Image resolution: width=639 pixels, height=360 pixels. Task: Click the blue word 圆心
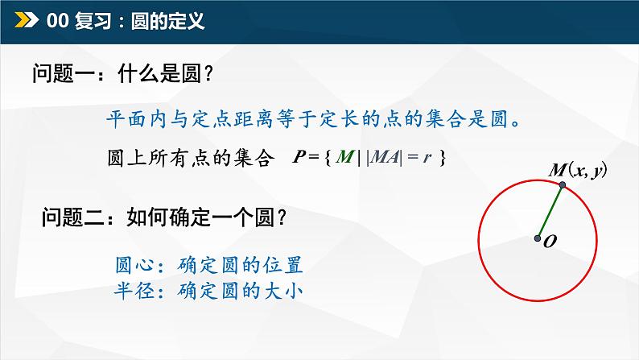point(134,265)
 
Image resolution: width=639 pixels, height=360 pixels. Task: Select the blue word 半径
point(134,290)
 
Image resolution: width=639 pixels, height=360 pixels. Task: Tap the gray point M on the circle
point(563,186)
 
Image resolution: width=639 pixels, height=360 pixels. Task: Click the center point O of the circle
point(537,238)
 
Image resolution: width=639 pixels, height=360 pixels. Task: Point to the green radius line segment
point(550,212)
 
